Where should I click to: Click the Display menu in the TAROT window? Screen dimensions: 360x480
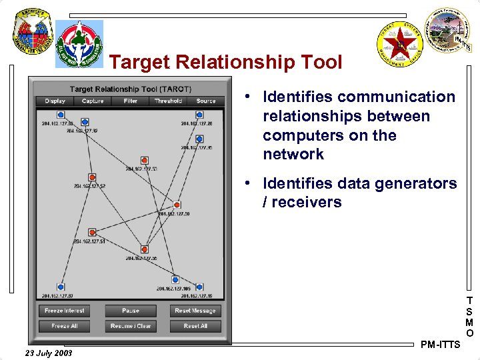[x=55, y=101]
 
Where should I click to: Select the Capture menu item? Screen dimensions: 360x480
[x=93, y=101]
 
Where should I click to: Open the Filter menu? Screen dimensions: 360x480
[x=131, y=101]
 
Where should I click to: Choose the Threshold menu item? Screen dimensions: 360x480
[x=168, y=101]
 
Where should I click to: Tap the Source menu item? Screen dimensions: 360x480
[x=206, y=101]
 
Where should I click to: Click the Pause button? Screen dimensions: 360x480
[x=131, y=311]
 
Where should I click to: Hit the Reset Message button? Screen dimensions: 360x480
[x=195, y=311]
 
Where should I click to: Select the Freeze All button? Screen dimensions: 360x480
[x=65, y=326]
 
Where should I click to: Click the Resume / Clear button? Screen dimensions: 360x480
[x=131, y=326]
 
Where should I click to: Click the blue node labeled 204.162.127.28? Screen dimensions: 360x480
[x=199, y=115]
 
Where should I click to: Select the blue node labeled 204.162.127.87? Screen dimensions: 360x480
[x=61, y=287]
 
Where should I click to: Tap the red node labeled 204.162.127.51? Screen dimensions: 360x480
[x=93, y=233]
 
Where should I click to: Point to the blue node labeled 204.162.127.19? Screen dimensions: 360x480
[x=199, y=287]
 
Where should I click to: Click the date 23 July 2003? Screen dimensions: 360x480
[x=48, y=352]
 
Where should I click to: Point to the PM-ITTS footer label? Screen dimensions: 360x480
[x=441, y=345]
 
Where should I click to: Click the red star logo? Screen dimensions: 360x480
[x=401, y=44]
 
